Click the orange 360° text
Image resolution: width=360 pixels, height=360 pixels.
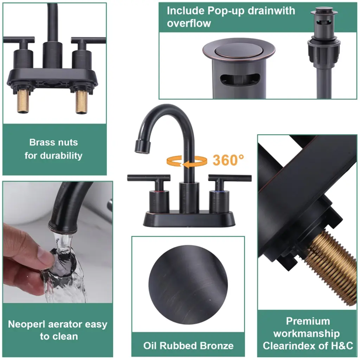tap(228, 160)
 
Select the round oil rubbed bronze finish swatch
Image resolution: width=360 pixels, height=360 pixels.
tap(188, 285)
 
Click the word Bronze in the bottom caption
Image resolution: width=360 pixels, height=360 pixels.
tap(217, 346)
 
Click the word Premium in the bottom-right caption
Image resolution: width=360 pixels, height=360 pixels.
tap(308, 321)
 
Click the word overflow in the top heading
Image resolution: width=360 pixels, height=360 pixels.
tap(189, 23)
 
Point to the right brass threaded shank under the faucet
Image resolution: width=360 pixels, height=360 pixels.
tap(81, 102)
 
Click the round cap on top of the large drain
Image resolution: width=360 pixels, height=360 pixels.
tap(239, 50)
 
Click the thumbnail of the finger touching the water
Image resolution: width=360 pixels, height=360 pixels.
tap(58, 242)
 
